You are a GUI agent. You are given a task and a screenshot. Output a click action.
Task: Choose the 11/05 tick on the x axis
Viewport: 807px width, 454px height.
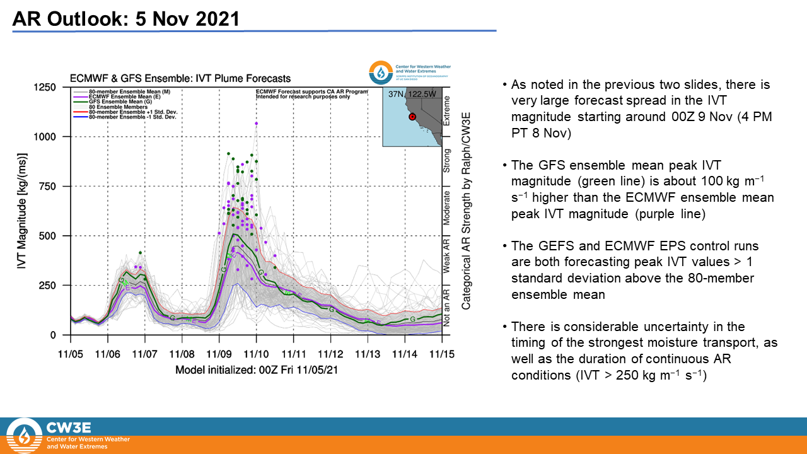coord(71,356)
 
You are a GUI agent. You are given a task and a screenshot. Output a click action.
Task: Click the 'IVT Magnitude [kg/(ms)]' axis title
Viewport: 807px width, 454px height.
coord(23,212)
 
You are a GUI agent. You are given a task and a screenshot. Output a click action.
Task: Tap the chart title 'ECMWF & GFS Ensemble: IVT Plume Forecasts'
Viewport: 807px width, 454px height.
coord(180,79)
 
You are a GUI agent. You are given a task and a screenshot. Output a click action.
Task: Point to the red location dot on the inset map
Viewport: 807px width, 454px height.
coord(411,116)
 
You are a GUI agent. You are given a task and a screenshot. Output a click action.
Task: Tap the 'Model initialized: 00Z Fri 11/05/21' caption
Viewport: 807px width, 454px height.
coord(256,370)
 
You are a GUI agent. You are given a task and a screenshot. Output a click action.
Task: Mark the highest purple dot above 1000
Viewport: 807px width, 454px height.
coord(257,124)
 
